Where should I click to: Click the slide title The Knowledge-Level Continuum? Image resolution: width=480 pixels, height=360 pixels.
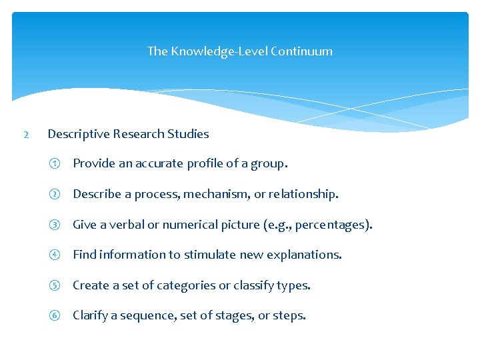click(x=239, y=51)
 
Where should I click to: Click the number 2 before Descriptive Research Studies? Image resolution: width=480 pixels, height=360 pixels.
click(x=25, y=135)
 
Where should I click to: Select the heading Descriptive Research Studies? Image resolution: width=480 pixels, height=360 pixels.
click(x=128, y=134)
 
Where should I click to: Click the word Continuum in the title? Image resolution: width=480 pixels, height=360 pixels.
click(x=301, y=51)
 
